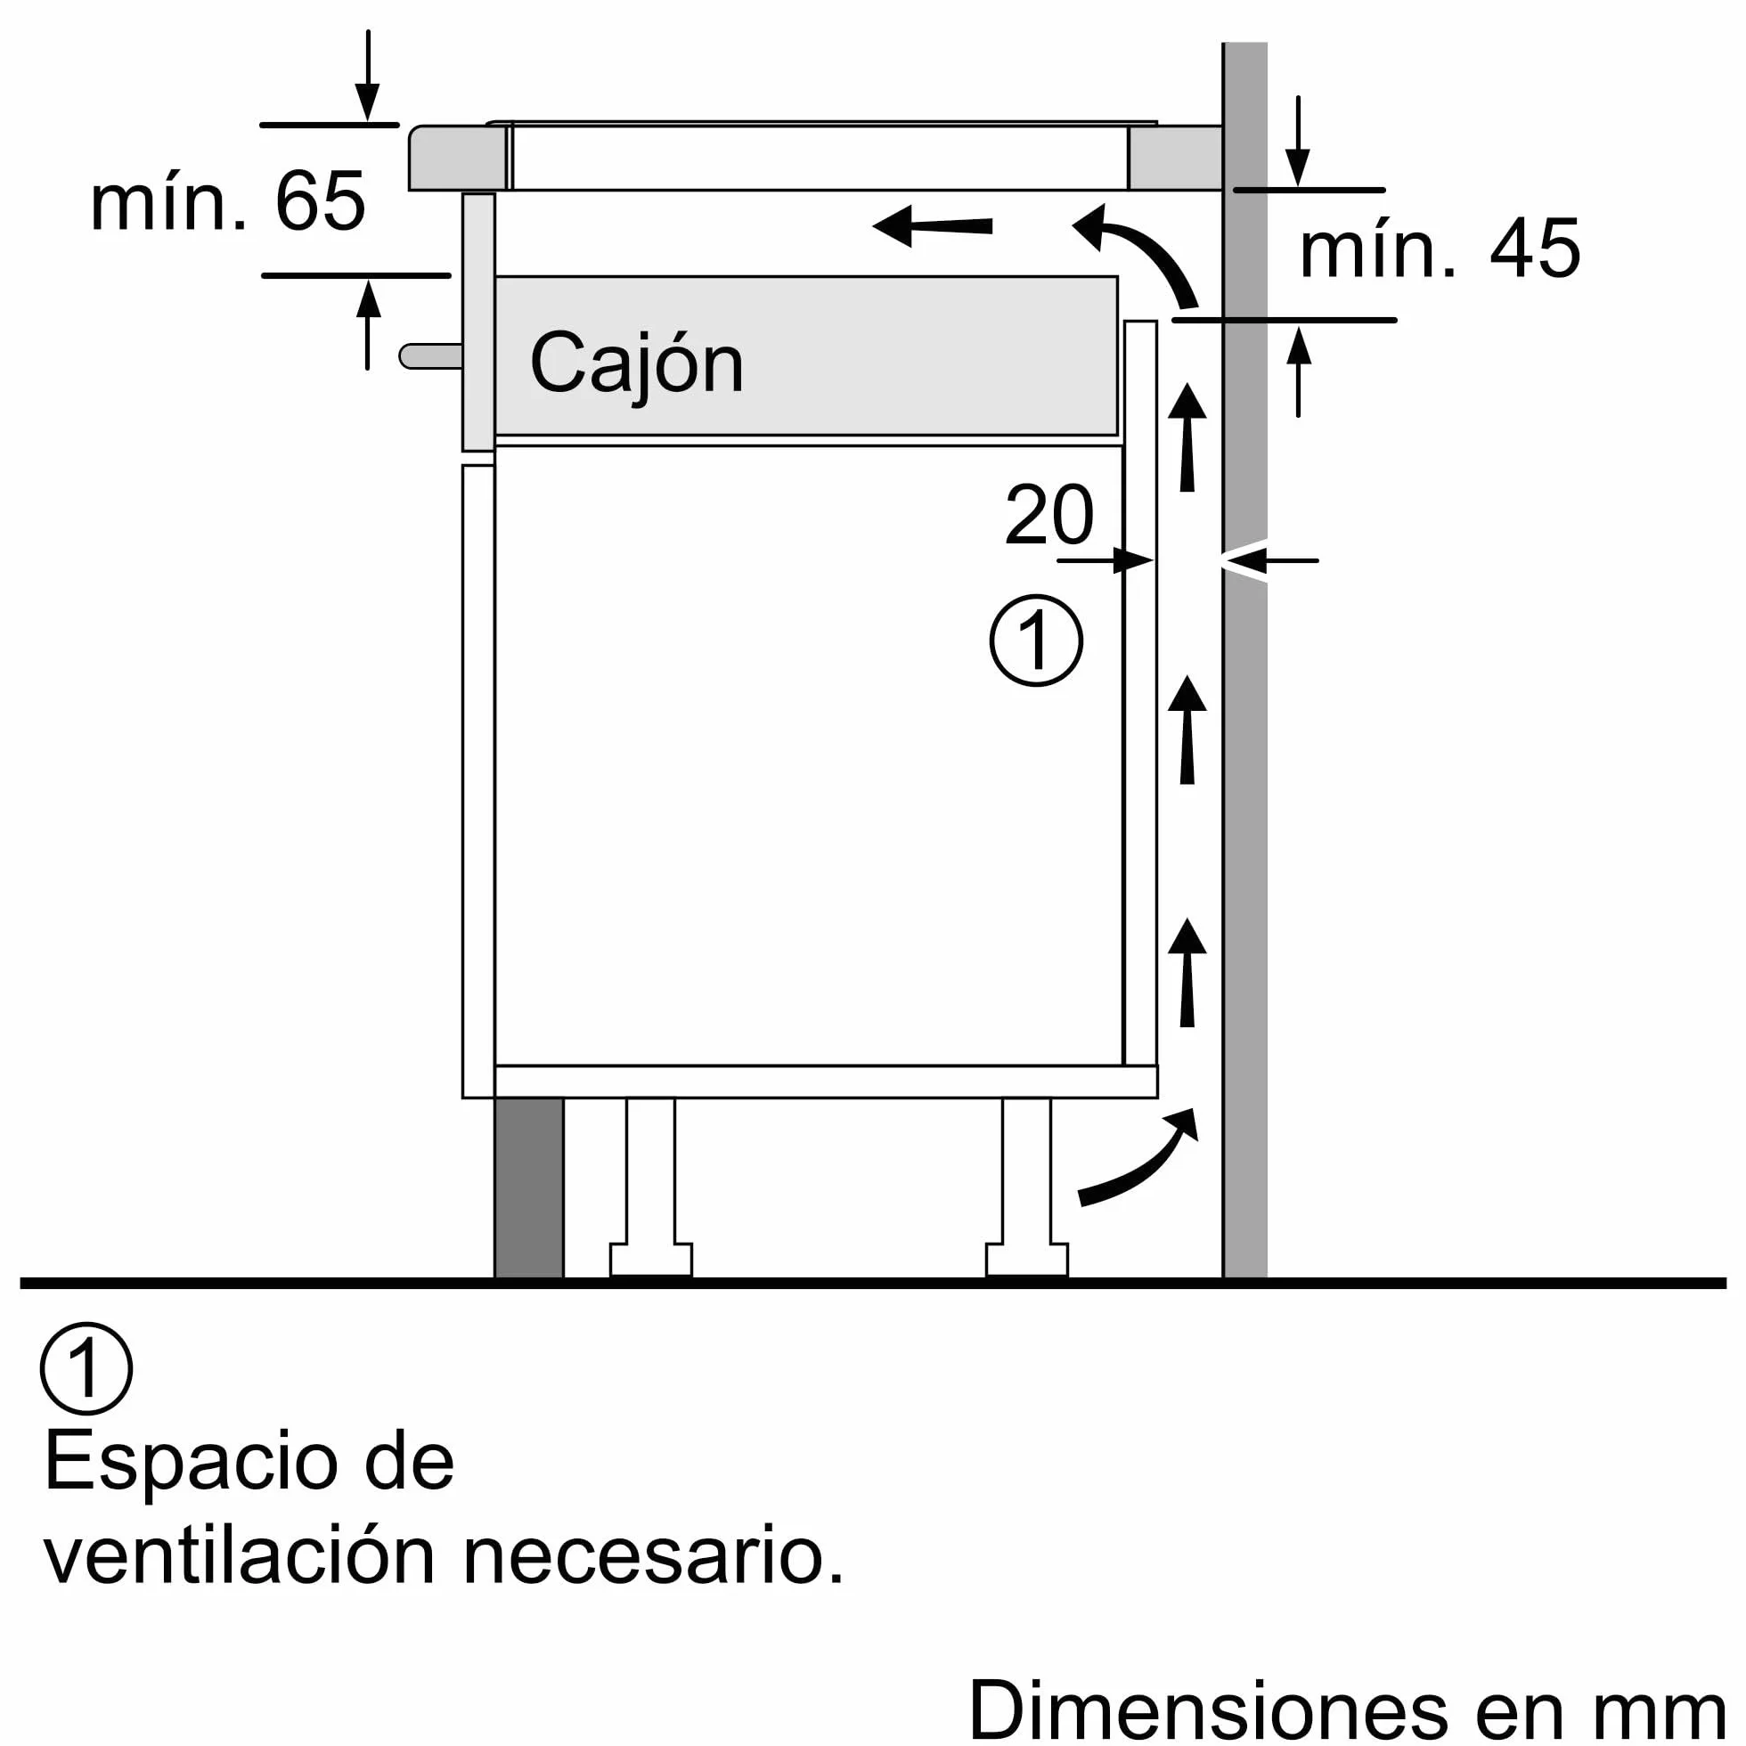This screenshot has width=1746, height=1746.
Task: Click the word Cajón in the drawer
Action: [636, 365]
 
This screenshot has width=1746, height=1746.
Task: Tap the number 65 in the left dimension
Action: [320, 200]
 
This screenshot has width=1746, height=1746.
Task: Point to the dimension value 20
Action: [1049, 514]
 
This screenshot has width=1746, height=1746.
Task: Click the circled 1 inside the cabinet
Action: [1036, 640]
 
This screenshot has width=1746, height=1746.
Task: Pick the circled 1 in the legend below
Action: [86, 1369]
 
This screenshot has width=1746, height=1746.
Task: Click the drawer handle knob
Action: [431, 356]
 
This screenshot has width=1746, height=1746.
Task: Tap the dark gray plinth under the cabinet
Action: [528, 1187]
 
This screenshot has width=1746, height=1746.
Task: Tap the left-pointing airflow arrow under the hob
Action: [932, 225]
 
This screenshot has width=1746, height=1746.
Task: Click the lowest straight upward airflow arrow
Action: [1187, 973]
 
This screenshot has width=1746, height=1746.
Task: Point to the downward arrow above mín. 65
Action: [367, 76]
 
